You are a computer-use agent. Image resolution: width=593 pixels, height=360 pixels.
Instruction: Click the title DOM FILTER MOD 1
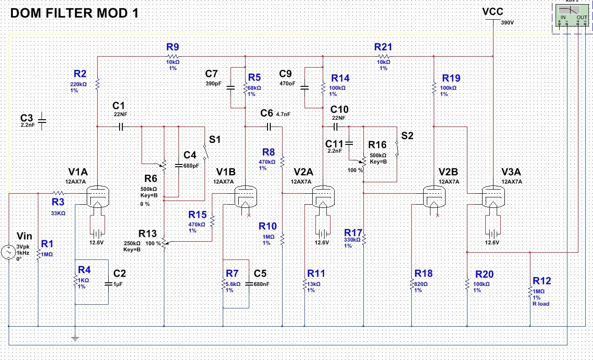coord(74,13)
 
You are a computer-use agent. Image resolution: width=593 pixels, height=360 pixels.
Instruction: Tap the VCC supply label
coord(493,12)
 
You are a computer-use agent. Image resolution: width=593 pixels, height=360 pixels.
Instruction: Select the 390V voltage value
coord(507,23)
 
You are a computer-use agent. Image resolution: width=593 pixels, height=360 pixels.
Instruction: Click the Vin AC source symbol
coord(9,252)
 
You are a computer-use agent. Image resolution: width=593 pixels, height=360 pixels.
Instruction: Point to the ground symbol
coord(75,338)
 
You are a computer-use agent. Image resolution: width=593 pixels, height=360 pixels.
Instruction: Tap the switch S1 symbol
coord(205,152)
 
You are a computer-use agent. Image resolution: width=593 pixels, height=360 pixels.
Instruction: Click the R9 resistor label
coord(173,47)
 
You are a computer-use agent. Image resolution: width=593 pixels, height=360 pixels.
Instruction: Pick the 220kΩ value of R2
coord(79,84)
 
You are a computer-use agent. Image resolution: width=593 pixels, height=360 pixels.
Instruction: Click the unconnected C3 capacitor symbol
coord(42,121)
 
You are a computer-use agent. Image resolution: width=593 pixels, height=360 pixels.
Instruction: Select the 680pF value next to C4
coord(191,166)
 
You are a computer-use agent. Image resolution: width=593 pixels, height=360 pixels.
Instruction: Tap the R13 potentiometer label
coord(148,234)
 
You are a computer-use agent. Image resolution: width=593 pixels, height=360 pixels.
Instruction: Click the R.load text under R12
coord(541,304)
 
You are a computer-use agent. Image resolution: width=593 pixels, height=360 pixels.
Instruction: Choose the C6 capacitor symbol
coord(269,127)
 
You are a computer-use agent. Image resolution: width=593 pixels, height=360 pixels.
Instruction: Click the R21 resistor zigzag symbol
coord(384,57)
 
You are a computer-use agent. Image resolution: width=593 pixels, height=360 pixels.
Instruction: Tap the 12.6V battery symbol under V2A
coord(323,234)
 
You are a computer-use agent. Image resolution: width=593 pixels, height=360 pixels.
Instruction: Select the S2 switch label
coord(407,136)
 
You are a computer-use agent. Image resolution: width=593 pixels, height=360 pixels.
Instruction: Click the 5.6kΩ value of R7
coord(233,284)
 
